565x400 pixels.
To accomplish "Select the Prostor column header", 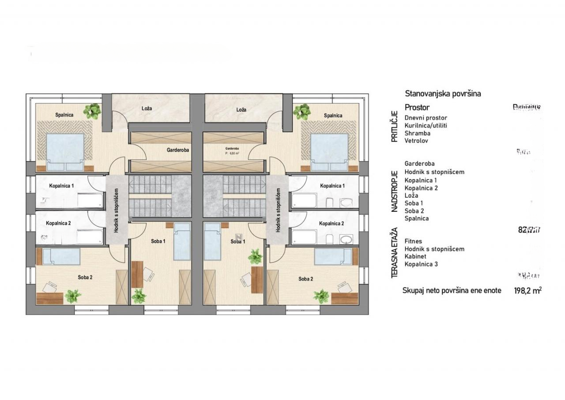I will pyautogui.click(x=417, y=107).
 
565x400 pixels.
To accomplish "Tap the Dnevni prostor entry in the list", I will pyautogui.click(x=426, y=118).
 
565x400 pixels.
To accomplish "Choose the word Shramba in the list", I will pyautogui.click(x=417, y=133).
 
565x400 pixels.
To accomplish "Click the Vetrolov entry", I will pyautogui.click(x=416, y=141).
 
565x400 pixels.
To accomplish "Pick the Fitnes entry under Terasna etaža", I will pyautogui.click(x=413, y=241).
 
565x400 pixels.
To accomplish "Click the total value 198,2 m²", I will pyautogui.click(x=528, y=291).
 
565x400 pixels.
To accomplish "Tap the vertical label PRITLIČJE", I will pyautogui.click(x=395, y=128).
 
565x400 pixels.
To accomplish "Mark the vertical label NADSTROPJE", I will pyautogui.click(x=395, y=191).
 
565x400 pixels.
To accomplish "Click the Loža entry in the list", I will pyautogui.click(x=411, y=195).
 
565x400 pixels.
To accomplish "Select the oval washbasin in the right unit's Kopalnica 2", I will pyautogui.click(x=346, y=240).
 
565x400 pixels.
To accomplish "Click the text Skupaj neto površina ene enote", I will pyautogui.click(x=452, y=291).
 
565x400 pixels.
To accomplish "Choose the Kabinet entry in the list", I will pyautogui.click(x=415, y=257).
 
